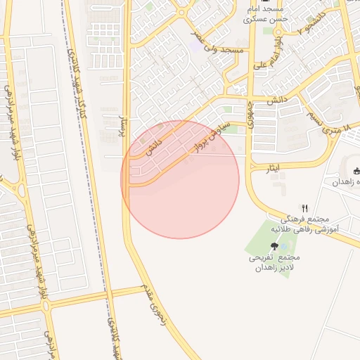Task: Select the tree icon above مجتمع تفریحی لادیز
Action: (x=274, y=246)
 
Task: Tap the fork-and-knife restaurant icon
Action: (x=304, y=207)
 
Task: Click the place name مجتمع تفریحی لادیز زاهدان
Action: (x=274, y=264)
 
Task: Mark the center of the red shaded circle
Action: (x=180, y=179)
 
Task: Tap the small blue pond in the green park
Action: (x=283, y=246)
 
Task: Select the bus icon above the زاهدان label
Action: (x=356, y=170)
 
